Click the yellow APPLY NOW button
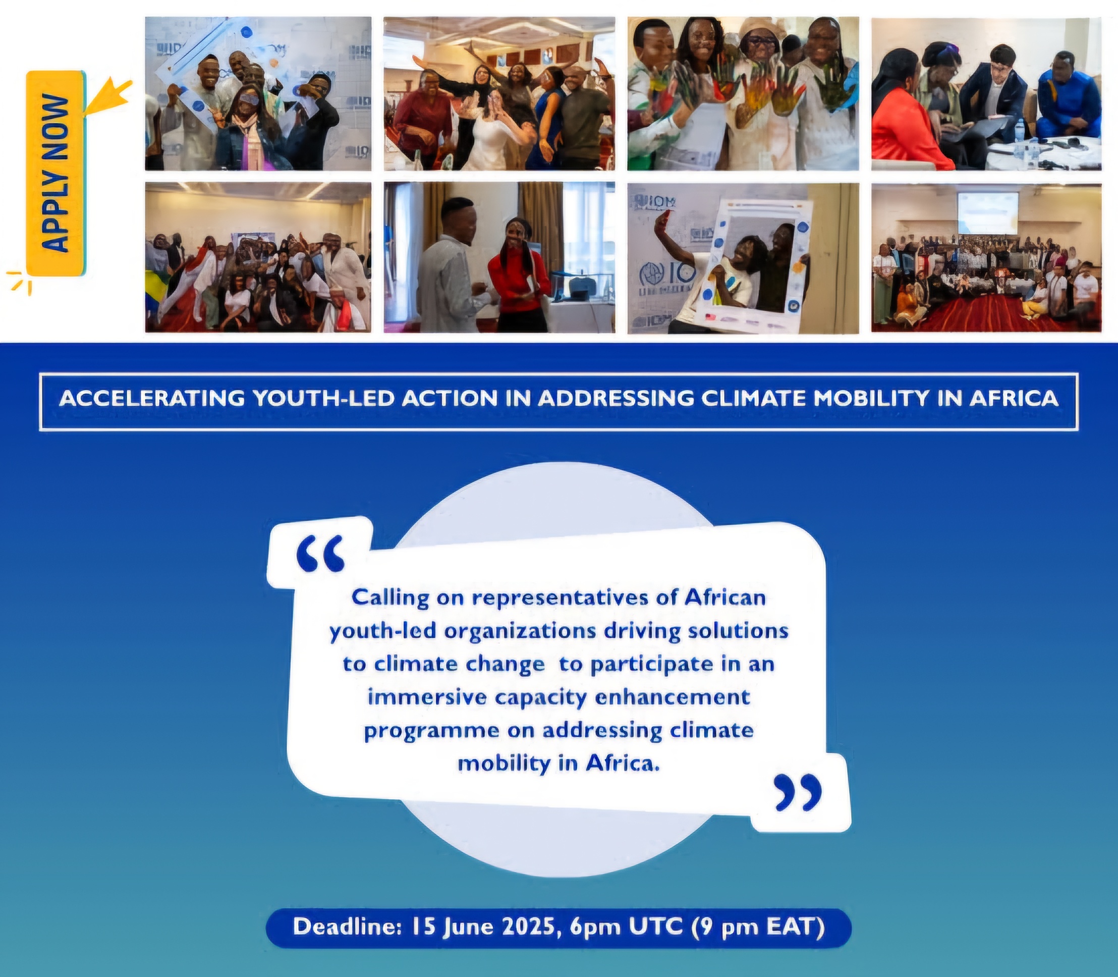[56, 174]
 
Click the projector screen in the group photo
[988, 213]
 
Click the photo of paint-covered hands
[743, 93]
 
